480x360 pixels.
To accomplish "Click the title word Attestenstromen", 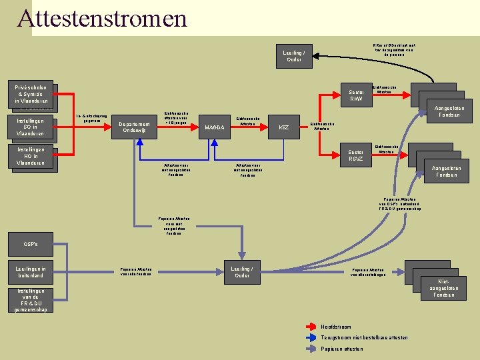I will [102, 18].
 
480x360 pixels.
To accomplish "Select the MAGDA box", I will [214, 127].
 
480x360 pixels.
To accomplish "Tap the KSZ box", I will [284, 127].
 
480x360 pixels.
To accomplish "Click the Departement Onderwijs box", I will [137, 127].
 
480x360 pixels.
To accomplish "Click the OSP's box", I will [31, 244].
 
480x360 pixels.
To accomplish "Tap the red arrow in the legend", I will [311, 327].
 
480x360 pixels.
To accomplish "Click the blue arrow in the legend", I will [311, 337].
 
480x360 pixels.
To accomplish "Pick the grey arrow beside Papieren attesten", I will [311, 348].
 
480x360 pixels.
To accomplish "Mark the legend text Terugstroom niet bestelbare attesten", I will [364, 337].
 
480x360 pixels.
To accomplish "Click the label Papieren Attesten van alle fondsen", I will [136, 272].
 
